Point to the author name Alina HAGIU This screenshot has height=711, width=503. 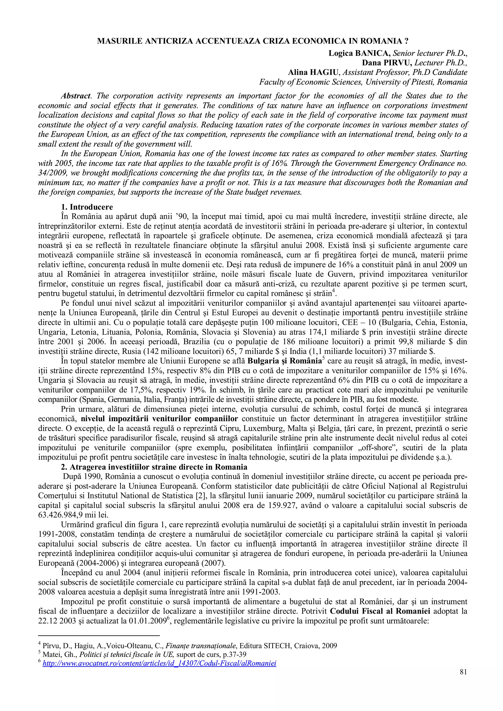point(314,72)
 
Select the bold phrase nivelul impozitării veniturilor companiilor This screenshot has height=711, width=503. point(159,419)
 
